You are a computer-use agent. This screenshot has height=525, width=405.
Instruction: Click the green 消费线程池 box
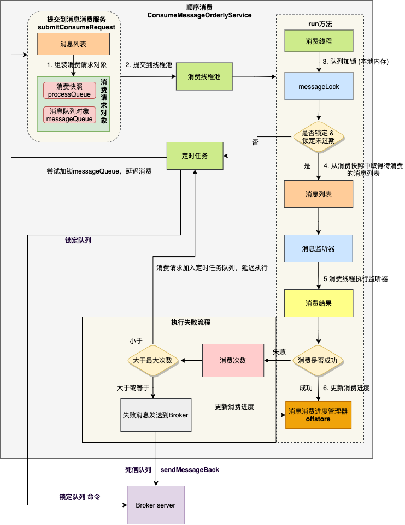point(204,77)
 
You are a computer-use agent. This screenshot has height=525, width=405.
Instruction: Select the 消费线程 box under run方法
point(319,41)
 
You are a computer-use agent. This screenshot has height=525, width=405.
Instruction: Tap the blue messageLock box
point(319,87)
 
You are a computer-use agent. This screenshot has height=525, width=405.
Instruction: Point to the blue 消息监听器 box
point(319,249)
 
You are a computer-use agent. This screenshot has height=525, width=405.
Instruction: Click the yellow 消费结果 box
point(319,302)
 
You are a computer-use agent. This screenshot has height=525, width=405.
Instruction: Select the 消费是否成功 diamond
point(318,360)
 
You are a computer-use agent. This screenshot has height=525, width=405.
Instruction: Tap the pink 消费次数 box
point(232,361)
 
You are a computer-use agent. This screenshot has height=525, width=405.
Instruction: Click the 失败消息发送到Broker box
point(155,415)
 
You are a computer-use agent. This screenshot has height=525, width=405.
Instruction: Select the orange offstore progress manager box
point(318,415)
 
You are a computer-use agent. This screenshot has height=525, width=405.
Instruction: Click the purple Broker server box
point(155,505)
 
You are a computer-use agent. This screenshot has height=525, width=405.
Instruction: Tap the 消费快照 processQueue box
point(69,91)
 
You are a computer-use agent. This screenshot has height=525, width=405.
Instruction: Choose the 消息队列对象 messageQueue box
point(69,115)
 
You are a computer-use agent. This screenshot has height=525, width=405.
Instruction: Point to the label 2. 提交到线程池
point(149,65)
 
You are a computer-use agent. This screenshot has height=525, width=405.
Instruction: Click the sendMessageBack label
point(190,469)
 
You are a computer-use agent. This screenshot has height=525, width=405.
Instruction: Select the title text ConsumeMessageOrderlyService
point(199,15)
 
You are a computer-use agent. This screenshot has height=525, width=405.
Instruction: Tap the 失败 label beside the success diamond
point(279,351)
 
